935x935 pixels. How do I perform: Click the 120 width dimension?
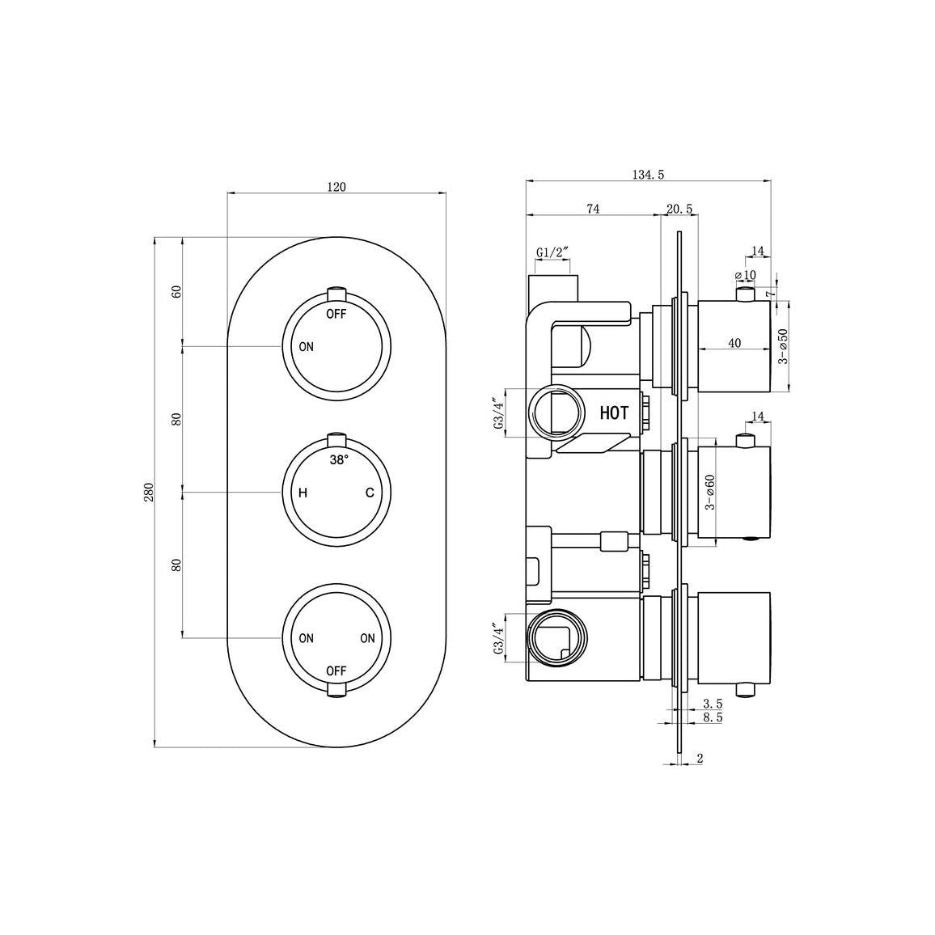(336, 187)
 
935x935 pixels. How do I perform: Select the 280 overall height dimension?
(148, 493)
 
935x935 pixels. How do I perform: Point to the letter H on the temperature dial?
(302, 493)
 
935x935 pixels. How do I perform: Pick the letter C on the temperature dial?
(369, 493)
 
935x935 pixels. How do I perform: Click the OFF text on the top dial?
(336, 314)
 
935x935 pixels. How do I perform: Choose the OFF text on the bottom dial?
(336, 671)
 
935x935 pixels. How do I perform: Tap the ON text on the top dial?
(306, 347)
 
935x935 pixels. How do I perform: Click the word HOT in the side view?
(614, 413)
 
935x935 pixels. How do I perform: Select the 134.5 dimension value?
(649, 174)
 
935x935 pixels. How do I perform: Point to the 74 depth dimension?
(592, 209)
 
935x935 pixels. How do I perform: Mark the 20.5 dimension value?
(679, 209)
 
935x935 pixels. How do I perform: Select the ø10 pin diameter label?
(745, 275)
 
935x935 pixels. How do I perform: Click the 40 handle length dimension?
(734, 343)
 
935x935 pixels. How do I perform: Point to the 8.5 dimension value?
(713, 717)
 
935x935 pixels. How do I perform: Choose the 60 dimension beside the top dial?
(176, 292)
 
